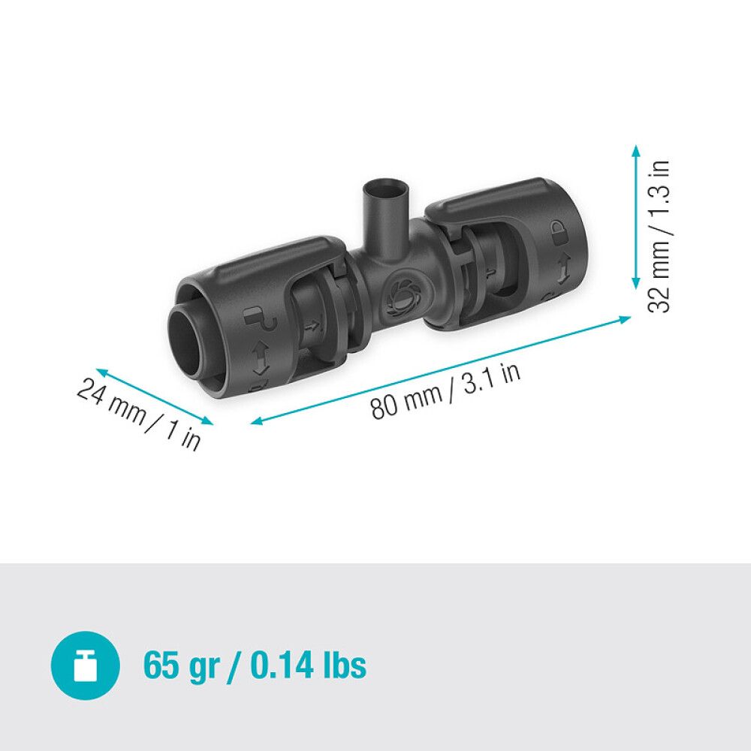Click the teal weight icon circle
point(85,665)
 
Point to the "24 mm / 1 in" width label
point(139,414)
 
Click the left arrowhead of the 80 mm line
point(256,423)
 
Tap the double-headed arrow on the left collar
point(261,358)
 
